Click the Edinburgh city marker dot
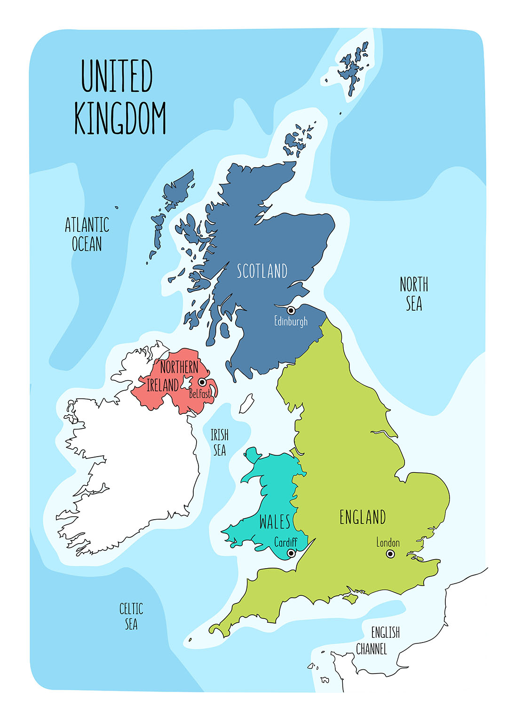(x=291, y=310)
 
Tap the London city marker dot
(x=390, y=554)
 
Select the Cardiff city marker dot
(x=291, y=553)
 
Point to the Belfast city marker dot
(x=202, y=382)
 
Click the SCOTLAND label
(x=262, y=271)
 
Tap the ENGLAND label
(x=363, y=517)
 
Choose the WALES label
(x=275, y=522)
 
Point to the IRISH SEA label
(x=220, y=442)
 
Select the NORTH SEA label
(x=414, y=294)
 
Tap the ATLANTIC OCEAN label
(x=87, y=234)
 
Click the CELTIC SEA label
(x=131, y=616)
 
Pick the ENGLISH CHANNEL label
(x=378, y=641)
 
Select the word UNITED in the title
(x=117, y=76)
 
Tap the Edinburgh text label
(x=291, y=321)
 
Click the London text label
(x=388, y=542)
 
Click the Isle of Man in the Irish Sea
(x=246, y=403)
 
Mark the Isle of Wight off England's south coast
(x=350, y=598)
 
